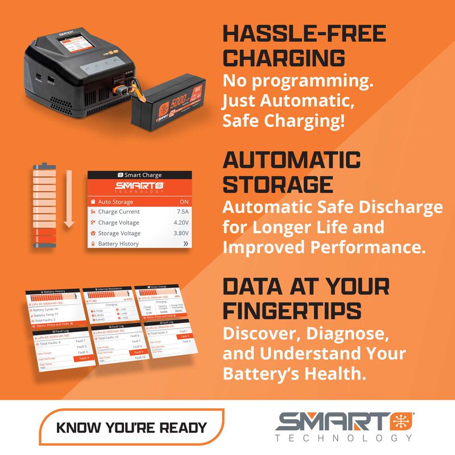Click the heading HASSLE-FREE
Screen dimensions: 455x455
pos(304,34)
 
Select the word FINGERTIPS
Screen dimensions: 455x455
pos(292,311)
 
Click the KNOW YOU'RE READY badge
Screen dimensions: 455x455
pos(131,427)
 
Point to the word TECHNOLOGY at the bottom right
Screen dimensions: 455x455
pos(344,439)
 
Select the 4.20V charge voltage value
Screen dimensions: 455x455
pos(180,222)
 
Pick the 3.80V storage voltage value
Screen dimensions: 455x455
pos(180,233)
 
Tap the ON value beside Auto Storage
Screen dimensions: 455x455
pos(183,202)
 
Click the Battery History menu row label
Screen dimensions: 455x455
pos(118,243)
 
